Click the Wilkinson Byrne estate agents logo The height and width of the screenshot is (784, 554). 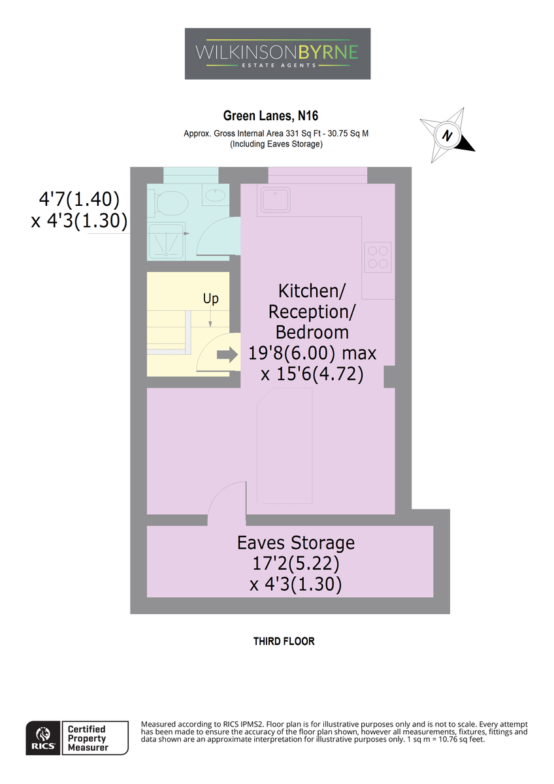(x=277, y=54)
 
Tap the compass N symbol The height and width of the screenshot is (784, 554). (x=447, y=135)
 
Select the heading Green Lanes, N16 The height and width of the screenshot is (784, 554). (x=270, y=116)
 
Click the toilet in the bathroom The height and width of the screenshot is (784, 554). (x=168, y=203)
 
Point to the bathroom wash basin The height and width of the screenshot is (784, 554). (x=215, y=195)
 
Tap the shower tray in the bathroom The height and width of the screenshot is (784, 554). (x=166, y=240)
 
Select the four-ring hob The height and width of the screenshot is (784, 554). (x=378, y=257)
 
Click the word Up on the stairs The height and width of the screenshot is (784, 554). (x=210, y=299)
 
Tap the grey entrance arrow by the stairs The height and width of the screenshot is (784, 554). (x=227, y=355)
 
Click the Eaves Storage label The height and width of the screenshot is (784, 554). (x=296, y=543)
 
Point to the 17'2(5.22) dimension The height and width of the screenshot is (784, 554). (x=296, y=563)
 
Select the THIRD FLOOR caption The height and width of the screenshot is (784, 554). (x=284, y=641)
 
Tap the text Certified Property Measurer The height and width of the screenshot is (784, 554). (x=87, y=738)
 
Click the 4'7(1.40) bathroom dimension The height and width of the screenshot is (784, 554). (x=79, y=199)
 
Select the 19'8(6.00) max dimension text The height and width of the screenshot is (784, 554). (x=312, y=353)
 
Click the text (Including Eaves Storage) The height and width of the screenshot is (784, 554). (x=276, y=144)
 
